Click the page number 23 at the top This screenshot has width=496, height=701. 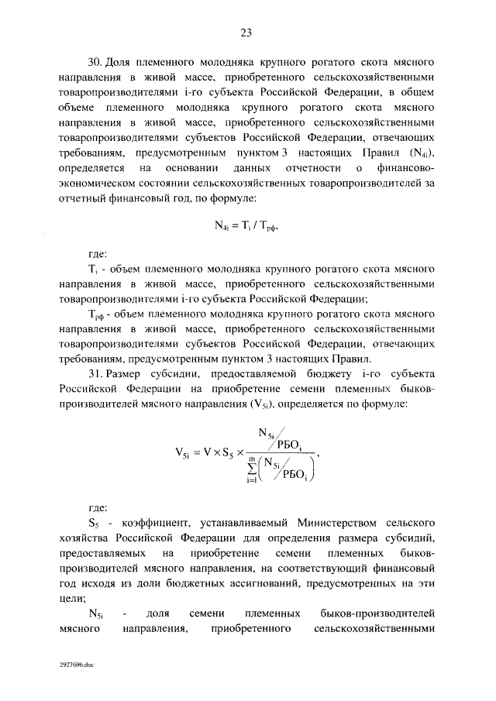(246, 33)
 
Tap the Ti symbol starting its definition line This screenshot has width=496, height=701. (92, 268)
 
